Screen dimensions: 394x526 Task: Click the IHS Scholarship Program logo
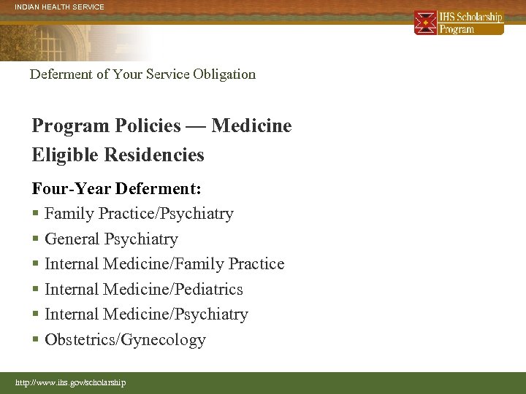click(459, 23)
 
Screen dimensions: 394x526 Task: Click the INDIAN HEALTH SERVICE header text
click(60, 7)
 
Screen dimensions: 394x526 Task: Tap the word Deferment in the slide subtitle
click(60, 74)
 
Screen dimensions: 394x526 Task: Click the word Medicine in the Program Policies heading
click(251, 126)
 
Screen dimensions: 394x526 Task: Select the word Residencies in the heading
click(154, 155)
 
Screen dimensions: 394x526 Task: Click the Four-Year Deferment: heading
click(117, 188)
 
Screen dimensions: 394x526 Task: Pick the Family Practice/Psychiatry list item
click(139, 214)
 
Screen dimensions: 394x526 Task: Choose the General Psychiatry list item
click(111, 239)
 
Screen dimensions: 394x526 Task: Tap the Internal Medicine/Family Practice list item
click(164, 263)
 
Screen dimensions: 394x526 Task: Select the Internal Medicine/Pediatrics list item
click(144, 289)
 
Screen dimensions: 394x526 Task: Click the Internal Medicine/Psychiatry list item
click(146, 314)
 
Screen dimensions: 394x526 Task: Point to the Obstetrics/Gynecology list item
click(125, 339)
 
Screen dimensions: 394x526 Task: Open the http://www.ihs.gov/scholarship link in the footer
click(71, 382)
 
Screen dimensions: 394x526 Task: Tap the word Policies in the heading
click(150, 126)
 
